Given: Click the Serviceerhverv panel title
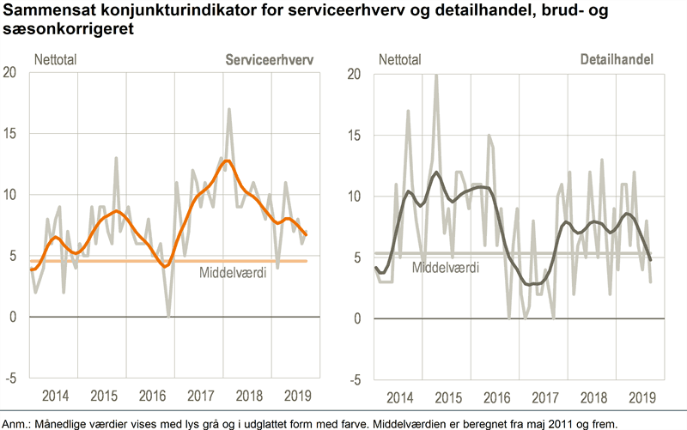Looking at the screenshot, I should pyautogui.click(x=268, y=60).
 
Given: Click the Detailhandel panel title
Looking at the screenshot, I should pyautogui.click(x=617, y=60).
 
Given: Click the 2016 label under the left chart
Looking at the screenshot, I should pyautogui.click(x=151, y=397).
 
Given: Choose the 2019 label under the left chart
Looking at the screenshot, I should pyautogui.click(x=297, y=397).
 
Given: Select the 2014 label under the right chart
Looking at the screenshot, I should pyautogui.click(x=402, y=398).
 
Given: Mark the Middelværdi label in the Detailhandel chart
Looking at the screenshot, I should pyautogui.click(x=446, y=267).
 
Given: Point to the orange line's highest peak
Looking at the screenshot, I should pyautogui.click(x=225, y=160).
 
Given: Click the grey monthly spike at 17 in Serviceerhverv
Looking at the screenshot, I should pyautogui.click(x=229, y=109).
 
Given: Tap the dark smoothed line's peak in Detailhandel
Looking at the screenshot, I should pyautogui.click(x=436, y=173).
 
